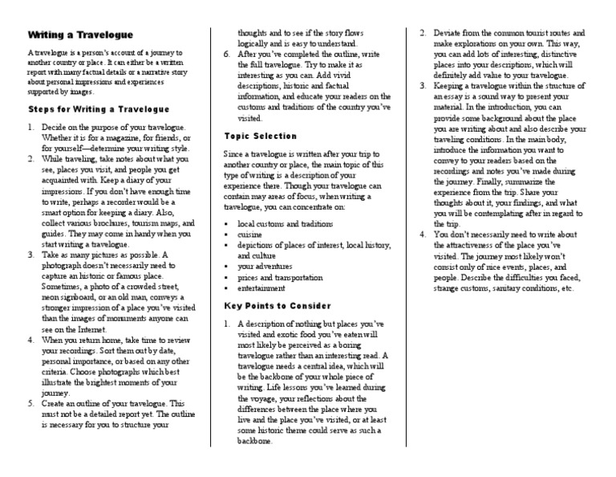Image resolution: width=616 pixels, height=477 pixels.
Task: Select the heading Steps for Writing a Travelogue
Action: pyautogui.click(x=99, y=108)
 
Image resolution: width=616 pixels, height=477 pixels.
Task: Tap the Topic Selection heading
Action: pyautogui.click(x=260, y=136)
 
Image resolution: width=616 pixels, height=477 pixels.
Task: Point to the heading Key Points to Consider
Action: pyautogui.click(x=276, y=305)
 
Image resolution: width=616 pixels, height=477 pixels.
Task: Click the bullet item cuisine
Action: pyautogui.click(x=250, y=233)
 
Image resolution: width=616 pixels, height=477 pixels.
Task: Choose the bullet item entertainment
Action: pyautogui.click(x=261, y=287)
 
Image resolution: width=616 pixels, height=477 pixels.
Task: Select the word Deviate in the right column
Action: pyautogui.click(x=448, y=33)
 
